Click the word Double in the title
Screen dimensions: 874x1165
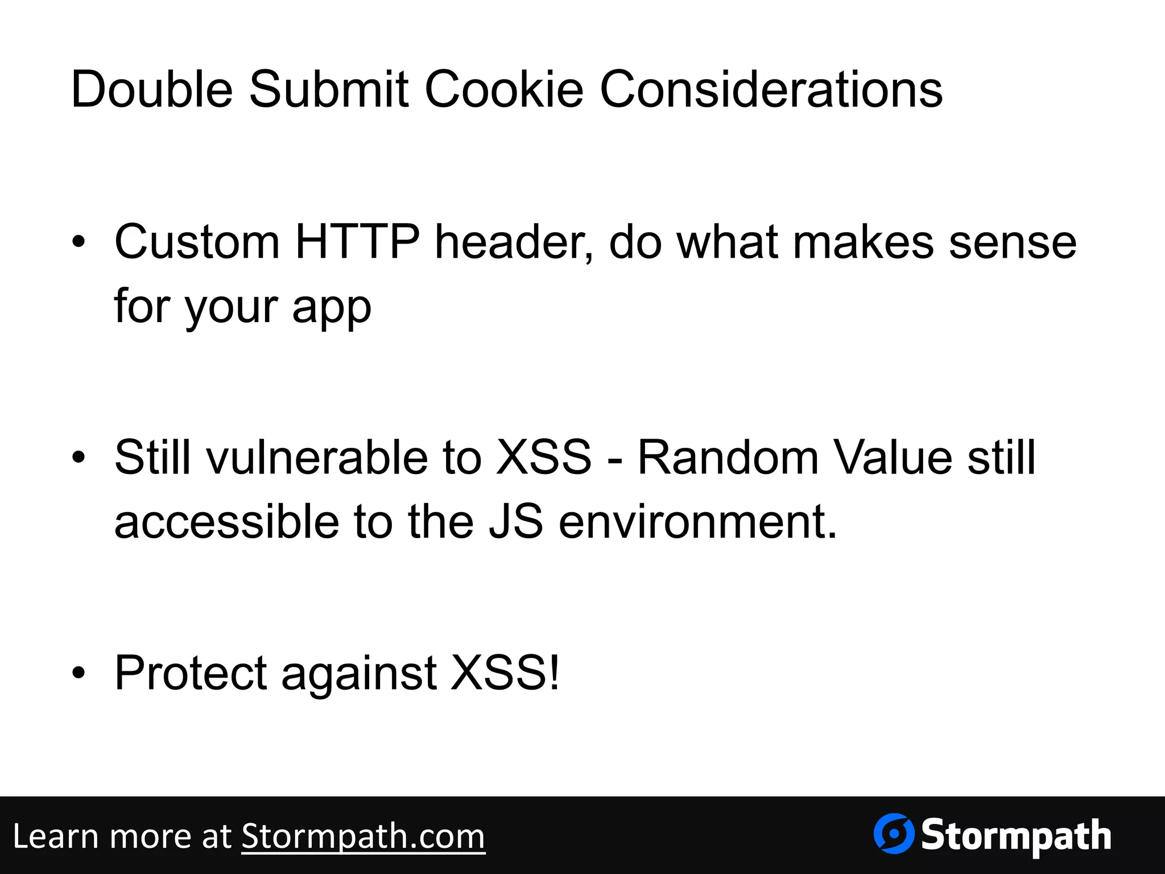152,89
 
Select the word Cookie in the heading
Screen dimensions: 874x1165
504,89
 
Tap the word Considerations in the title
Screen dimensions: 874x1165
771,89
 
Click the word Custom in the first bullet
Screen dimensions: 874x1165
197,242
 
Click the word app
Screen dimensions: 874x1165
332,307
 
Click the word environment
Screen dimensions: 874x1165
697,522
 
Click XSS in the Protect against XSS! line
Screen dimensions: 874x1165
499,673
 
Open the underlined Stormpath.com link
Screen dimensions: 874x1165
363,836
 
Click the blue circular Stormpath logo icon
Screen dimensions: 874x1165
894,834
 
